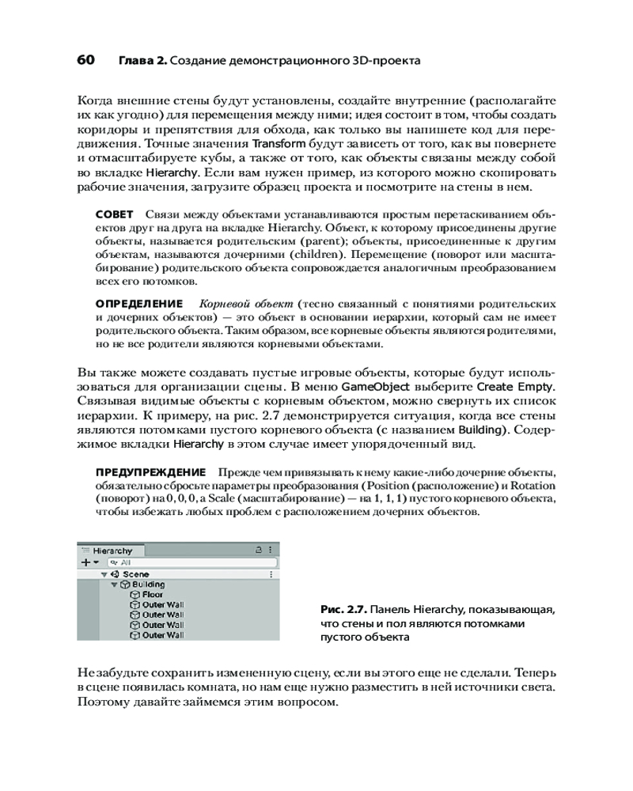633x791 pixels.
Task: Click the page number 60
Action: [86, 61]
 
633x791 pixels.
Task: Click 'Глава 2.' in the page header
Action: [142, 61]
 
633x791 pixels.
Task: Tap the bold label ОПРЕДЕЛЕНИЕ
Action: [139, 304]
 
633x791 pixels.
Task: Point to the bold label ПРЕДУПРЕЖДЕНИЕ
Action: [150, 471]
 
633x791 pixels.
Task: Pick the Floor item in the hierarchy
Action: [153, 595]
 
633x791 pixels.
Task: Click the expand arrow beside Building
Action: [114, 585]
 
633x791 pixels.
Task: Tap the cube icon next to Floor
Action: [135, 595]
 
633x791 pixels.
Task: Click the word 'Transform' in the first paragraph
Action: [277, 145]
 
